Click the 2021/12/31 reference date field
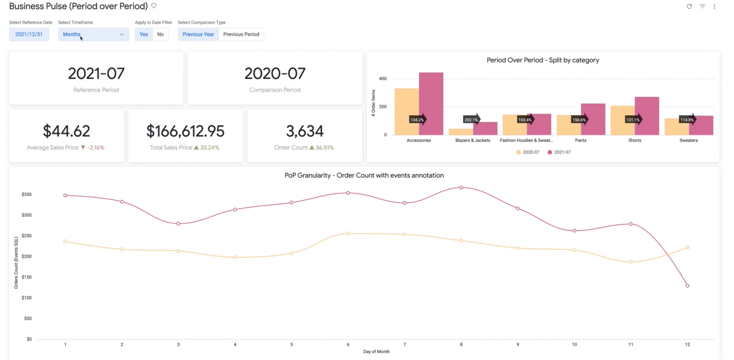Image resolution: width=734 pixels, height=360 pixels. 29,34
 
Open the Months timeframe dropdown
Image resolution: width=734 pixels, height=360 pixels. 93,34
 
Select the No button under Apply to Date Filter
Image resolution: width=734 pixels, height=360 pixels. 160,34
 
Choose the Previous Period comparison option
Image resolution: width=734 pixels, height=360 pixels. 241,34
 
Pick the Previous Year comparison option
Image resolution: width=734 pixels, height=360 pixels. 198,34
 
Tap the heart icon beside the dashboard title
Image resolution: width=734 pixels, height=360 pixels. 154,6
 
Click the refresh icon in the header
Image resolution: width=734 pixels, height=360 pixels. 689,6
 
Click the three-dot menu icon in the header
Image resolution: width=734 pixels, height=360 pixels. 715,6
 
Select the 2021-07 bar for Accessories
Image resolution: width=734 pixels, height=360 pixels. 431,104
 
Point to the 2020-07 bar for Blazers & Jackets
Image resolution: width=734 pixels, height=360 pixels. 461,132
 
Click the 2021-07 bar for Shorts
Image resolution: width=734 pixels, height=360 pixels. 647,116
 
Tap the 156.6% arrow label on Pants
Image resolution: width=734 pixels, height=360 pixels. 580,120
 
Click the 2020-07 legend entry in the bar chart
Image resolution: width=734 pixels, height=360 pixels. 528,152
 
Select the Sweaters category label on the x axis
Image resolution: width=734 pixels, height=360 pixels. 689,140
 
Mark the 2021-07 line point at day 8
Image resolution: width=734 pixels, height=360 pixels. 461,187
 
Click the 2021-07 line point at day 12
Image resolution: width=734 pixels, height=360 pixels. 688,285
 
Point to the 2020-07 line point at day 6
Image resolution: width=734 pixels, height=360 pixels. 348,233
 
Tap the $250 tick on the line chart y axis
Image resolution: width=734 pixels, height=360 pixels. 26,236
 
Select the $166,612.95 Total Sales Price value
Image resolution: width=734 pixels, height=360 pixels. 185,131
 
